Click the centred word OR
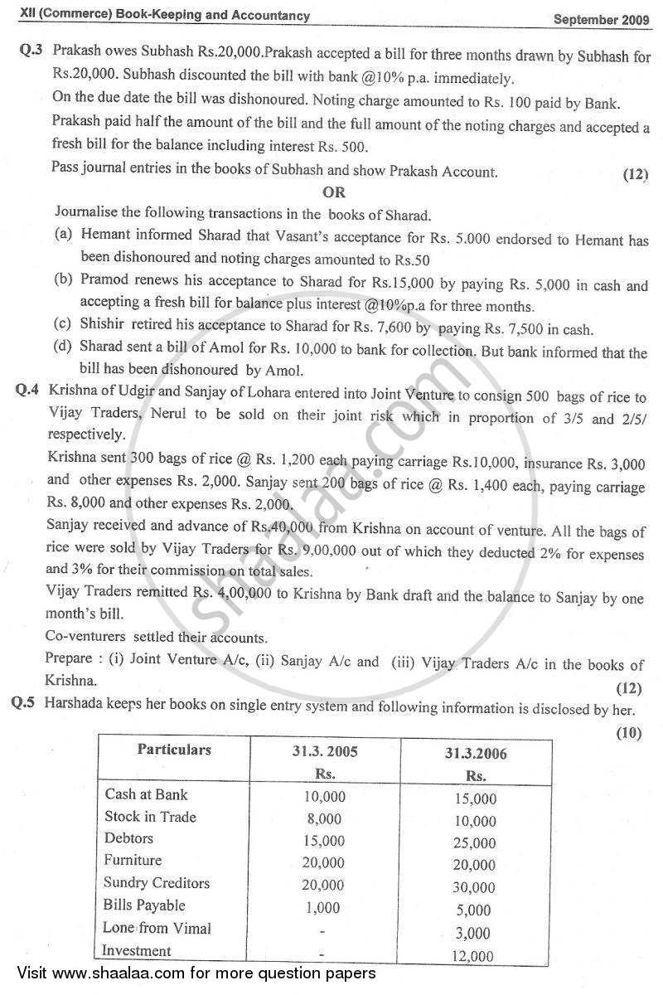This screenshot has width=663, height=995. coord(334,192)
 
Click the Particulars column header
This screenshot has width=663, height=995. coord(174,750)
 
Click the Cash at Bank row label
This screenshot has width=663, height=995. coord(146,794)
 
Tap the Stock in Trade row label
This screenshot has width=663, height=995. coord(150,817)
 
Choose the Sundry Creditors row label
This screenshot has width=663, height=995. coord(157,883)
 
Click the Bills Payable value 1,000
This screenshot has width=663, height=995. coord(322,907)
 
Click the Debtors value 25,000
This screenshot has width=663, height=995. coord(476,843)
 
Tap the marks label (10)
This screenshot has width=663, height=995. coord(629,733)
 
